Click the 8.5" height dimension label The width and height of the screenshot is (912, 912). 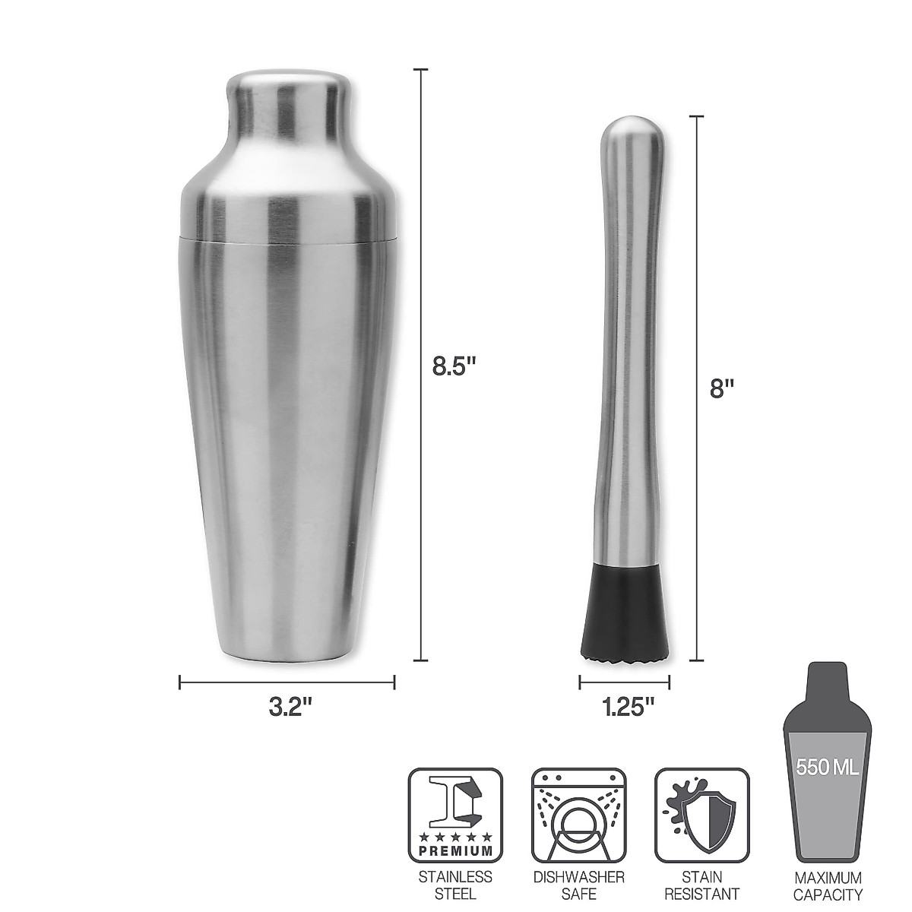[454, 366]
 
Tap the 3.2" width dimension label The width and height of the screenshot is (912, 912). [291, 707]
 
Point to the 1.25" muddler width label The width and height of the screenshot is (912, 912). [628, 707]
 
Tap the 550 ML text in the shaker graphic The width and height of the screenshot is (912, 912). [827, 767]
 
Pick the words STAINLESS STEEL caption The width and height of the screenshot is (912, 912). [456, 885]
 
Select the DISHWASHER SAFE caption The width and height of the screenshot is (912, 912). [578, 885]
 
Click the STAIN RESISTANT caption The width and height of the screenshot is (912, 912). [701, 885]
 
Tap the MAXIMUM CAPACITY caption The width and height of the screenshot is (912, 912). [828, 885]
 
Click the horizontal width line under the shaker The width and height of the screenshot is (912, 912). [287, 682]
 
